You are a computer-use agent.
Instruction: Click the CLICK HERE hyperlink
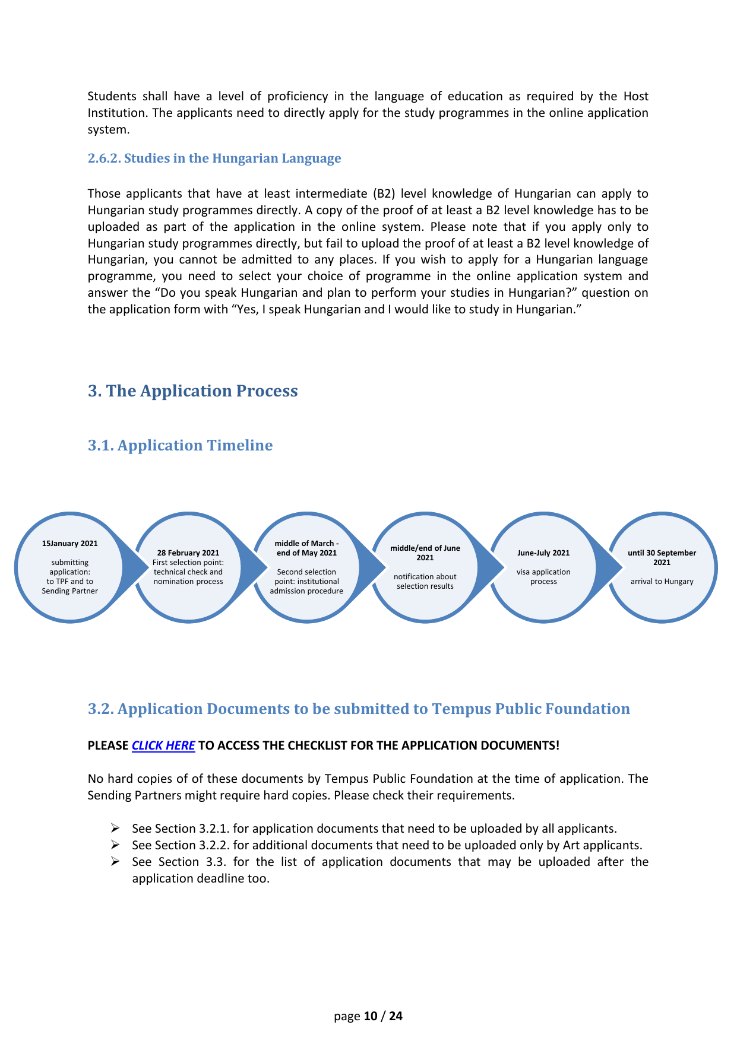tap(163, 745)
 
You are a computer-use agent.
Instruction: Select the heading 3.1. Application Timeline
tap(180, 445)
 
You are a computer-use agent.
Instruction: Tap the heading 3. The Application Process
tap(192, 391)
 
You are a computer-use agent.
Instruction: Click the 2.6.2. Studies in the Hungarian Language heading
tap(214, 158)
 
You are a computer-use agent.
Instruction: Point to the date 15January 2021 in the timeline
tap(70, 543)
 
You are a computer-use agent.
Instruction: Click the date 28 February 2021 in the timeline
tap(188, 553)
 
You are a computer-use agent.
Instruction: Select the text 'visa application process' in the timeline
tap(543, 576)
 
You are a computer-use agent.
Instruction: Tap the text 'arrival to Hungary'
tap(662, 582)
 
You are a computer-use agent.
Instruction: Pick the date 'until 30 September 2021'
tap(662, 557)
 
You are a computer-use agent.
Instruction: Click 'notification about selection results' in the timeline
tap(425, 581)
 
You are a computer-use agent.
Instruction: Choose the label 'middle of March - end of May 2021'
tap(306, 548)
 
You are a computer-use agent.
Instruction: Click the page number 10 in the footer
tap(371, 1016)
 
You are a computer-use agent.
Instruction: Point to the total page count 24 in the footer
tap(396, 1016)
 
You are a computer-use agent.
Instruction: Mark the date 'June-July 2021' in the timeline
tap(543, 553)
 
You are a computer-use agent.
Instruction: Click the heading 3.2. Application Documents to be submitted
tap(359, 709)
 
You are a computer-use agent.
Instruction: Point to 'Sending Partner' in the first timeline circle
tap(70, 591)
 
